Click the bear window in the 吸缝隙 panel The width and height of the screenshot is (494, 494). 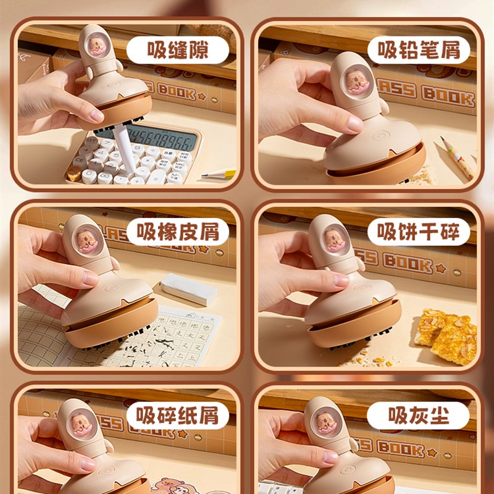click(x=96, y=44)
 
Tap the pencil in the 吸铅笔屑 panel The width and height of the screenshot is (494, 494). click(x=458, y=157)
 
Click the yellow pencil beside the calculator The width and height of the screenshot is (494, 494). click(x=219, y=175)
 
